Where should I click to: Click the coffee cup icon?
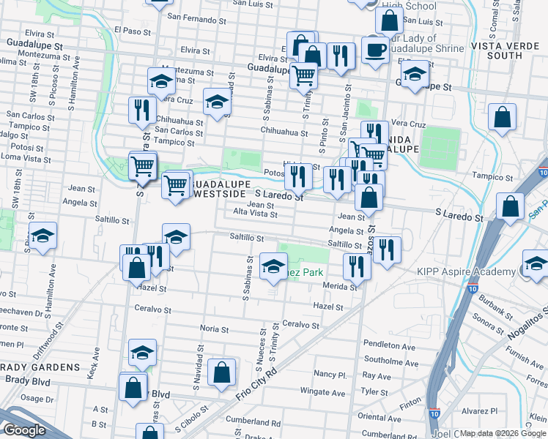pyautogui.click(x=376, y=50)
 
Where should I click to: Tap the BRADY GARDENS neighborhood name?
pyautogui.click(x=40, y=367)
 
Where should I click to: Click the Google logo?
pyautogui.click(x=24, y=430)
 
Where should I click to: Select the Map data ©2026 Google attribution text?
pyautogui.click(x=503, y=433)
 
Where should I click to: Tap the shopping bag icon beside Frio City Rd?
pyautogui.click(x=221, y=373)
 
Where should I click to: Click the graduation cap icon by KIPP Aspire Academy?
pyautogui.click(x=535, y=264)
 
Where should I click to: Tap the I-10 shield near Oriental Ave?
pyautogui.click(x=434, y=413)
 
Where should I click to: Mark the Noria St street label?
pyautogui.click(x=215, y=330)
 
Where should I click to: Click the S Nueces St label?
pyautogui.click(x=259, y=348)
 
